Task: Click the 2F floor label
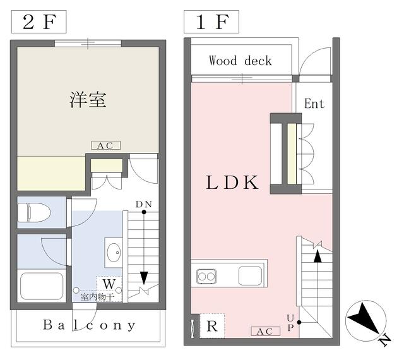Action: click(x=39, y=22)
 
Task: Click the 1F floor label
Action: click(x=211, y=22)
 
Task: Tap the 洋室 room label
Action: click(x=88, y=100)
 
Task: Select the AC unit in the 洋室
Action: click(x=106, y=145)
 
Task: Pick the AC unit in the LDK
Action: click(x=265, y=332)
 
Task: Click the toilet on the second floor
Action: click(x=34, y=212)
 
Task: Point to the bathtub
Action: click(x=42, y=285)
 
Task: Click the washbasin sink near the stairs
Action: click(x=114, y=253)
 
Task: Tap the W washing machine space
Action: click(x=109, y=284)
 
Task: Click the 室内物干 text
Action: click(x=97, y=297)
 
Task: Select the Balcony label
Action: click(x=89, y=325)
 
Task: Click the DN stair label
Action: click(x=144, y=204)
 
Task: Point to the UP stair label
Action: click(x=290, y=323)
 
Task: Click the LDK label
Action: click(x=232, y=183)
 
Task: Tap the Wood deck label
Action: click(x=241, y=61)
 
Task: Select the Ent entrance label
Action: click(x=314, y=104)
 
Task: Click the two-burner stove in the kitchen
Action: click(x=206, y=276)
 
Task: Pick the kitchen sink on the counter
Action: click(x=250, y=275)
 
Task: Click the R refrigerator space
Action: click(x=212, y=327)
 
